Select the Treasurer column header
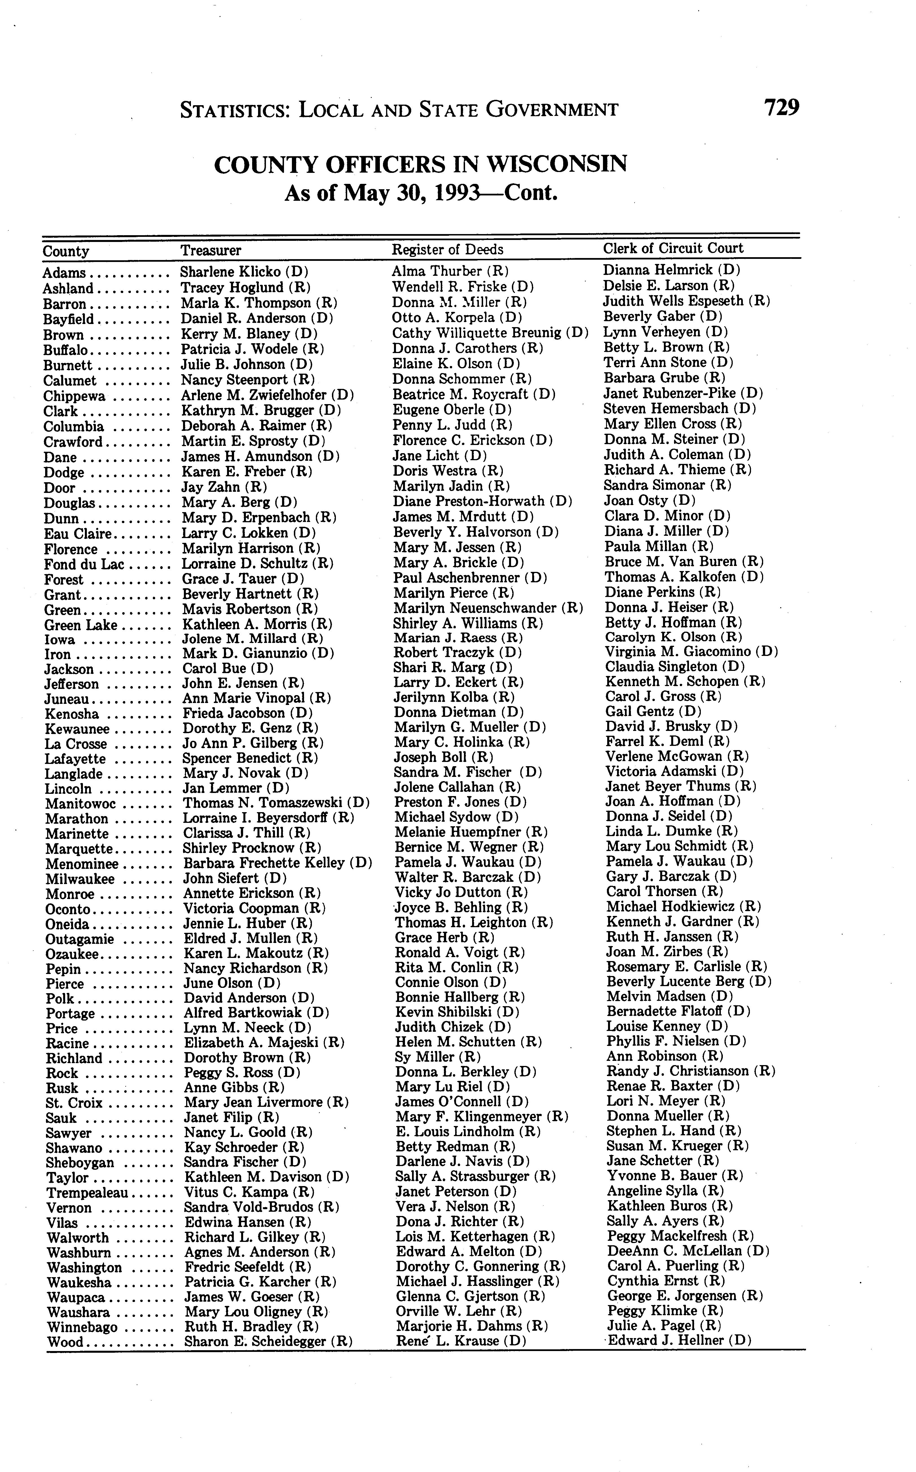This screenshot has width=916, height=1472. tap(211, 250)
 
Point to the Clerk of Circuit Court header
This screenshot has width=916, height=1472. tap(672, 248)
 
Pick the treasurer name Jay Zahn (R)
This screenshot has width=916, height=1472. tap(224, 486)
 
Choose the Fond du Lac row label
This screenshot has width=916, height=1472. tap(83, 565)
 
